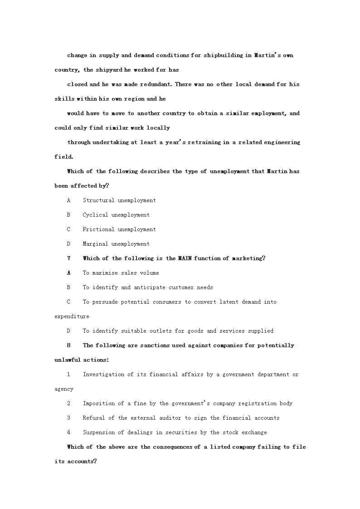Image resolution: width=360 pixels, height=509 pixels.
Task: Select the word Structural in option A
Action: [x=97, y=200]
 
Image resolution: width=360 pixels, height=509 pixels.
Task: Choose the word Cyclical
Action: [x=95, y=215]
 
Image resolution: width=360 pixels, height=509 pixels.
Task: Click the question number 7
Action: [x=69, y=258]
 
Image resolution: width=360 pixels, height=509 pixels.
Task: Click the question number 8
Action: [x=69, y=345]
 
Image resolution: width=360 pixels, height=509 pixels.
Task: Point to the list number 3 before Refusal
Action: [x=69, y=418]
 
